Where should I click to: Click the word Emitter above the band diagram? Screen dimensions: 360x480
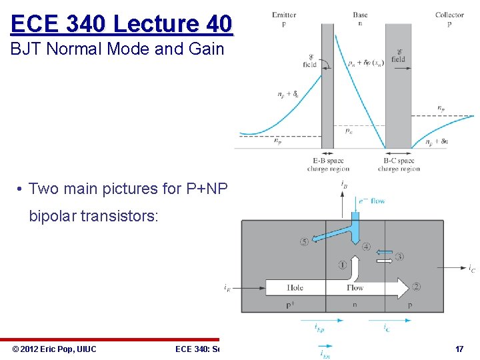pyautogui.click(x=284, y=15)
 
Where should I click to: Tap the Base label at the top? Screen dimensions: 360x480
pyautogui.click(x=360, y=15)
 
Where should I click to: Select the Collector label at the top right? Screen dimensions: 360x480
pyautogui.click(x=449, y=15)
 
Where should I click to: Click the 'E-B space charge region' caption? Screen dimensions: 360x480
pyautogui.click(x=328, y=165)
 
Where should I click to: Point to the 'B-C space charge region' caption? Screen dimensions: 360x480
pyautogui.click(x=399, y=165)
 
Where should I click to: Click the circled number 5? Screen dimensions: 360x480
pyautogui.click(x=305, y=242)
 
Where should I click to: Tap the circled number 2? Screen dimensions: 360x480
pyautogui.click(x=416, y=287)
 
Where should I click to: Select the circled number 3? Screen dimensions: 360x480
pyautogui.click(x=400, y=257)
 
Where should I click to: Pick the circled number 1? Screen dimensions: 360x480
pyautogui.click(x=342, y=265)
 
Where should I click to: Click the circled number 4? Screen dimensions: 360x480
pyautogui.click(x=367, y=247)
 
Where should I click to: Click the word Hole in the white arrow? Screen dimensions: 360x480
pyautogui.click(x=295, y=288)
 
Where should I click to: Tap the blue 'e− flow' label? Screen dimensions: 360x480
pyautogui.click(x=371, y=201)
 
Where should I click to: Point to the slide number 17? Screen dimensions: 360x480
pyautogui.click(x=459, y=349)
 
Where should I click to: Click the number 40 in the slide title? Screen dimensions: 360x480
pyautogui.click(x=219, y=24)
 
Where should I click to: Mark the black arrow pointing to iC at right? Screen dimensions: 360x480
pyautogui.click(x=457, y=267)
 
